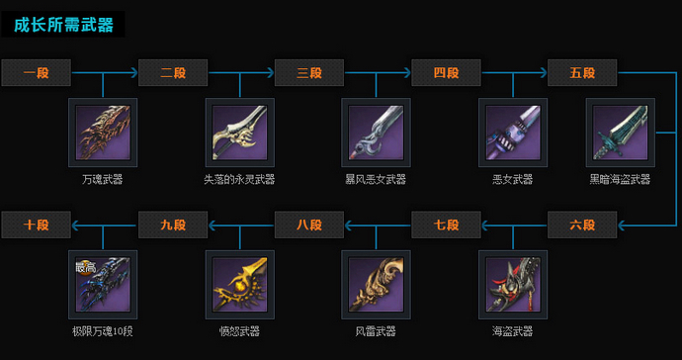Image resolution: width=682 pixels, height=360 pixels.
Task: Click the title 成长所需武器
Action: (x=63, y=25)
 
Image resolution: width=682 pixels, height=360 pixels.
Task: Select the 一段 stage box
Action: (x=37, y=72)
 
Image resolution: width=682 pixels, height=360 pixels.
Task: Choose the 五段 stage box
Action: (x=583, y=72)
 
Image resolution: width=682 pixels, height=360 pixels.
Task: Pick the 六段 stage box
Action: (x=583, y=225)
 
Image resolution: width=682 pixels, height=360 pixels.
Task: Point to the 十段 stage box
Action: (x=37, y=225)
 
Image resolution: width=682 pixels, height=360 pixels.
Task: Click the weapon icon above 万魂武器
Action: (x=103, y=133)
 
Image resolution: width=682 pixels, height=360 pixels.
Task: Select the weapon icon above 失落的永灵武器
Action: (x=239, y=133)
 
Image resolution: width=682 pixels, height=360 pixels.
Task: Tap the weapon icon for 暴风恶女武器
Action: (x=376, y=133)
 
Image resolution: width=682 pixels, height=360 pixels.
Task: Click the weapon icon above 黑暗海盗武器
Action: (x=620, y=133)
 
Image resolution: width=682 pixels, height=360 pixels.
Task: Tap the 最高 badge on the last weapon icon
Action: (x=85, y=267)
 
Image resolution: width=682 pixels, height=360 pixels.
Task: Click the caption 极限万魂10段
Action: (x=103, y=331)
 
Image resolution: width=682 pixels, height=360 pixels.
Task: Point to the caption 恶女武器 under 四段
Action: (x=512, y=180)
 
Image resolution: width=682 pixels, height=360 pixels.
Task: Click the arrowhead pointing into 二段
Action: (x=132, y=72)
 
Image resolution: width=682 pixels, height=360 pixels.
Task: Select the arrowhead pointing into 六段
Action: (x=623, y=225)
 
